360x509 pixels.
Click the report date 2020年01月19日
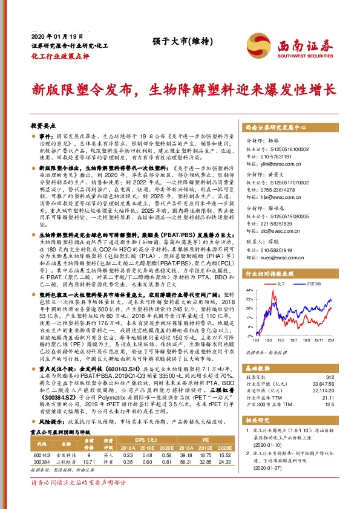[51, 36]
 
